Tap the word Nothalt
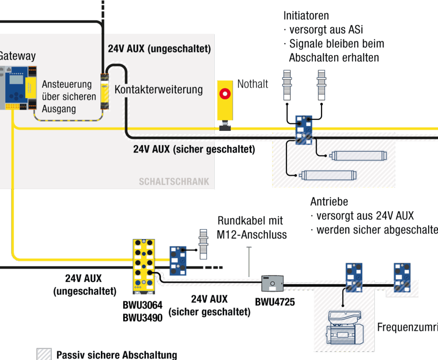point(253,84)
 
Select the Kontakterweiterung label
point(158,90)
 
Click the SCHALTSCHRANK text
point(174,181)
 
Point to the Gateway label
point(17,56)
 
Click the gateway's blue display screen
point(16,80)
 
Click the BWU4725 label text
point(275,302)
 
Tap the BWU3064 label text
point(142,306)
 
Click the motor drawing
point(345,328)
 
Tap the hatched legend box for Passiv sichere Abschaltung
point(44,354)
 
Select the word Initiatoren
point(306,16)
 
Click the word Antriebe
point(329,202)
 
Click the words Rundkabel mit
point(250,221)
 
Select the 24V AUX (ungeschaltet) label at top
point(159,49)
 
